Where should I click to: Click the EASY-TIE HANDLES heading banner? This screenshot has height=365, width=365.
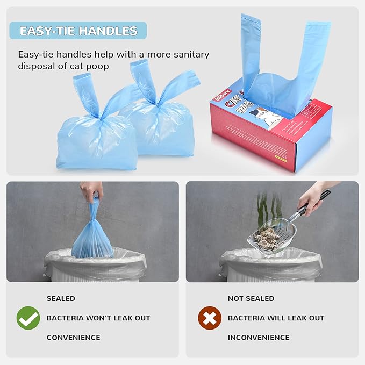pyautogui.click(x=78, y=31)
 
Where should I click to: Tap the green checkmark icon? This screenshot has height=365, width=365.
pyautogui.click(x=28, y=318)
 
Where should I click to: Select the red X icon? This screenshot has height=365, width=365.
pyautogui.click(x=209, y=318)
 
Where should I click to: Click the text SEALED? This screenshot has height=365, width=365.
pyautogui.click(x=61, y=298)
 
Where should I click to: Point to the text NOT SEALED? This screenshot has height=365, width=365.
pyautogui.click(x=251, y=298)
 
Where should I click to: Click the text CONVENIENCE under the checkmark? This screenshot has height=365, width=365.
pyautogui.click(x=73, y=338)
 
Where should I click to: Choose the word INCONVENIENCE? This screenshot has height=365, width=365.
pyautogui.click(x=259, y=338)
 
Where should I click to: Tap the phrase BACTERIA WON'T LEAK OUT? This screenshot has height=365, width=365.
pyautogui.click(x=98, y=318)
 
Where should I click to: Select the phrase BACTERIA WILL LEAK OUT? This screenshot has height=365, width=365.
pyautogui.click(x=276, y=318)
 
